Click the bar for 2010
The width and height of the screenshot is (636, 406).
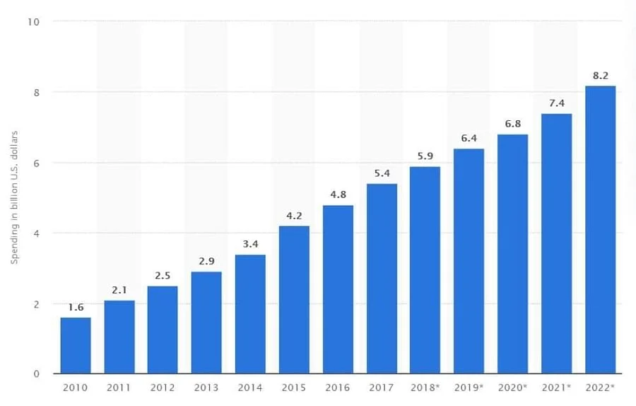point(76,345)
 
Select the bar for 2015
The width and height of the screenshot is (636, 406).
point(294,299)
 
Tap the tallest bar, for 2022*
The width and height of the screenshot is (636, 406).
point(600,229)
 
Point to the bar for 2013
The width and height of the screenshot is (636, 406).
point(206,323)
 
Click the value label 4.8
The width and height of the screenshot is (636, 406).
point(338,195)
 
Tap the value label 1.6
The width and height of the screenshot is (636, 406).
point(76,307)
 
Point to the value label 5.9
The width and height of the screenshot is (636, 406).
point(425,156)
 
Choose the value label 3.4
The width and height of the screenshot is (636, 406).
point(250,244)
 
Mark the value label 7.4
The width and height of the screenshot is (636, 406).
point(556,103)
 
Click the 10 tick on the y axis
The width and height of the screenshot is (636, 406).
point(33,21)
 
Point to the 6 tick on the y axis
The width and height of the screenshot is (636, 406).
point(35,163)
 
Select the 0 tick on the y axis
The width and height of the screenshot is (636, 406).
point(35,373)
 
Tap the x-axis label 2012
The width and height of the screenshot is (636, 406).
point(163,387)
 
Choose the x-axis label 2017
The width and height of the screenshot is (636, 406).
point(382,387)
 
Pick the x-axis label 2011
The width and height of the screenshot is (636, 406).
point(119,387)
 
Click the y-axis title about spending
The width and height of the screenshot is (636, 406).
point(14,198)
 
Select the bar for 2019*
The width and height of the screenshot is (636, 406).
point(469,261)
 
